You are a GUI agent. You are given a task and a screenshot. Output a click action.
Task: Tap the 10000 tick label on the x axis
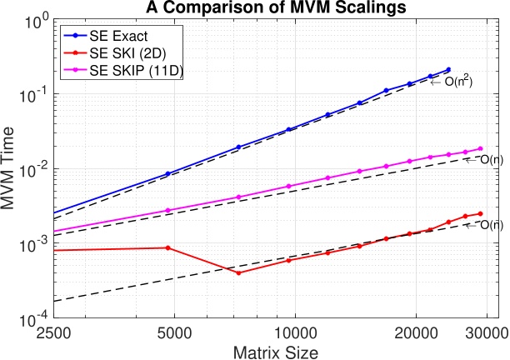click(x=295, y=332)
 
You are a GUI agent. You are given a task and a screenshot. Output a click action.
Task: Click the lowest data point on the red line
click(x=238, y=272)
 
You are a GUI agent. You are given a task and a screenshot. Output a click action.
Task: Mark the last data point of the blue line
click(x=448, y=70)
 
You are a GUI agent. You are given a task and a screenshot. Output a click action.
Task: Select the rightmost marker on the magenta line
click(x=481, y=148)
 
